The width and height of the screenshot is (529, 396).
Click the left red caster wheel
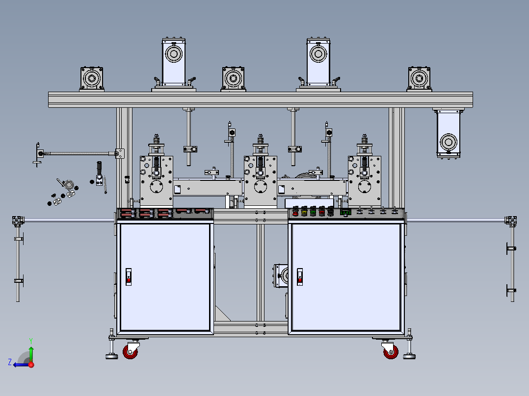[x=130, y=352]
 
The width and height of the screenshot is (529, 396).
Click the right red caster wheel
[x=391, y=352]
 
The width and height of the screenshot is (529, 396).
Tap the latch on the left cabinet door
[x=129, y=277]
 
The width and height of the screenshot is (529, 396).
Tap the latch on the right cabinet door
[x=300, y=277]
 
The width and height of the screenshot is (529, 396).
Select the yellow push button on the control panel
[x=304, y=212]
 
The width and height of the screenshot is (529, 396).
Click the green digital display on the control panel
[x=345, y=212]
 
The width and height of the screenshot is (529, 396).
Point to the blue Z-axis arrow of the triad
[x=21, y=365]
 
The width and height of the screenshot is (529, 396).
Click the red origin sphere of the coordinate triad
[x=31, y=365]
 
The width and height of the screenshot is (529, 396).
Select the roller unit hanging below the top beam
[x=449, y=133]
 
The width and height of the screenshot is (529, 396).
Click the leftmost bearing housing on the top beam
[x=92, y=79]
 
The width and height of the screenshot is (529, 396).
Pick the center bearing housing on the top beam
[x=233, y=79]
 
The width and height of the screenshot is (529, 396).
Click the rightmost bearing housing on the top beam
[x=420, y=79]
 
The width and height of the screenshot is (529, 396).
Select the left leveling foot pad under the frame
[x=112, y=356]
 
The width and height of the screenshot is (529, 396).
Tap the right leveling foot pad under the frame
[x=409, y=356]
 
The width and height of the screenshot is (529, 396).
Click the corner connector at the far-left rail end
[x=18, y=221]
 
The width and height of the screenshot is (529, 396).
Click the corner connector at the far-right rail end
[x=511, y=221]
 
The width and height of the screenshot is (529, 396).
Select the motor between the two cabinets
[x=281, y=276]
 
